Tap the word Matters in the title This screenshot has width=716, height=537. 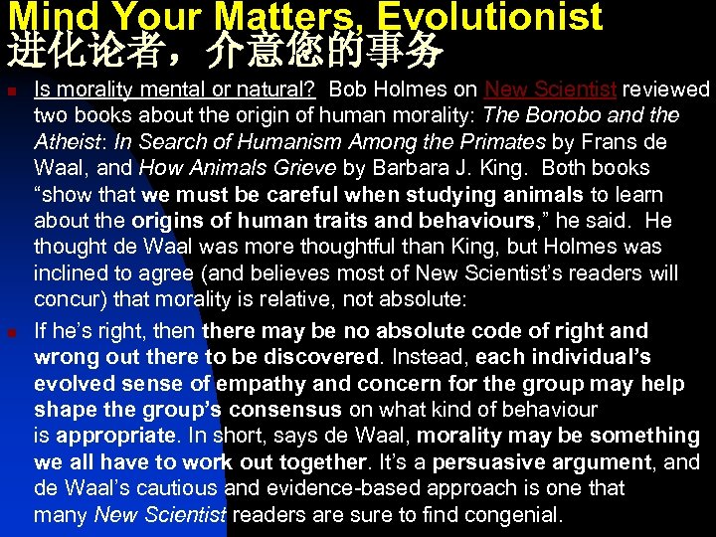(289, 16)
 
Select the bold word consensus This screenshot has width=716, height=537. (280, 409)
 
